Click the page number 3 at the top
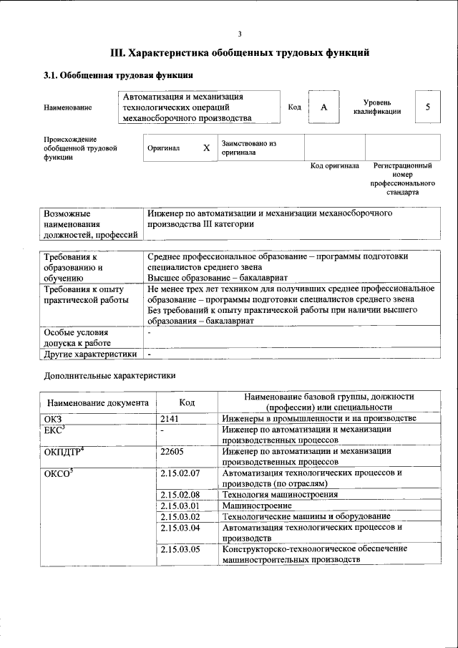[x=240, y=34]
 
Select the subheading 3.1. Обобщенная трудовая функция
[x=118, y=75]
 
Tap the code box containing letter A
[x=323, y=107]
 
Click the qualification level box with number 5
[x=427, y=107]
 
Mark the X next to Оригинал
[x=206, y=148]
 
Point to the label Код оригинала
[x=334, y=165]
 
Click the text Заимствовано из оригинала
[x=248, y=148]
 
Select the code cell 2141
[x=170, y=417]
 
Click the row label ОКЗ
[x=54, y=417]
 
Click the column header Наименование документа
[x=98, y=403]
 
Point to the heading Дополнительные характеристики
[x=109, y=374]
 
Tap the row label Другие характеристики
[x=90, y=354]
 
